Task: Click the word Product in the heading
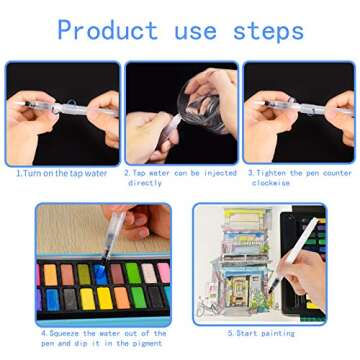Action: [x=107, y=30]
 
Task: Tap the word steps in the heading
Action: [x=269, y=32]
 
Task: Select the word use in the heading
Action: [x=196, y=32]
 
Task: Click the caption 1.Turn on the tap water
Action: [x=62, y=173]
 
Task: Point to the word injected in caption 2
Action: [x=220, y=173]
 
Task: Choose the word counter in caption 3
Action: [x=338, y=173]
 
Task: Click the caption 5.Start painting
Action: [x=261, y=333]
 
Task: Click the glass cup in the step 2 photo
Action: [x=200, y=107]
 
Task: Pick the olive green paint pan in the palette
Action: [x=84, y=274]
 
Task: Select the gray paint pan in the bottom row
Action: [x=70, y=298]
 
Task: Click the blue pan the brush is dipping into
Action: [x=100, y=274]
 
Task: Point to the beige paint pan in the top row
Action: [x=149, y=273]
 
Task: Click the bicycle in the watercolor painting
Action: [x=206, y=307]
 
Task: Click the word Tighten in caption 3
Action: [x=271, y=173]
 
